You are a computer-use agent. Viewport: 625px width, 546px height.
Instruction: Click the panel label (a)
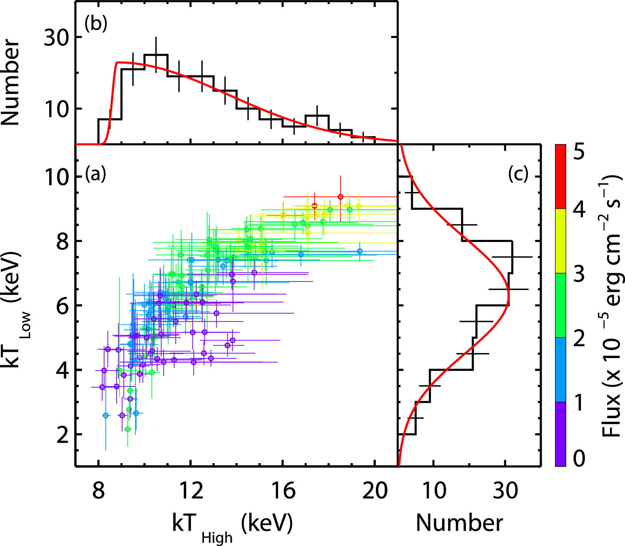95,174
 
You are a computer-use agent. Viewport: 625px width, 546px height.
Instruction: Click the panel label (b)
95,24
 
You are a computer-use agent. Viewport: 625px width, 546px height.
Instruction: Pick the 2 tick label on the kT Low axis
62,435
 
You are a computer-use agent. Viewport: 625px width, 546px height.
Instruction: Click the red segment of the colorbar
560,176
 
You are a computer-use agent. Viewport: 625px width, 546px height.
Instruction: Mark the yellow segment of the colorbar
560,241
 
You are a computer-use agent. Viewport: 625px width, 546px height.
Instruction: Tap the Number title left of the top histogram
11,82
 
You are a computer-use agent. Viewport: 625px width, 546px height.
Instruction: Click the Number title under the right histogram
459,523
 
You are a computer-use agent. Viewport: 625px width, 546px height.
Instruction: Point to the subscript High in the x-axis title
217,538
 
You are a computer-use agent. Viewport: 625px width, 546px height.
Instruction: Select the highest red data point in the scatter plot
340,197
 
